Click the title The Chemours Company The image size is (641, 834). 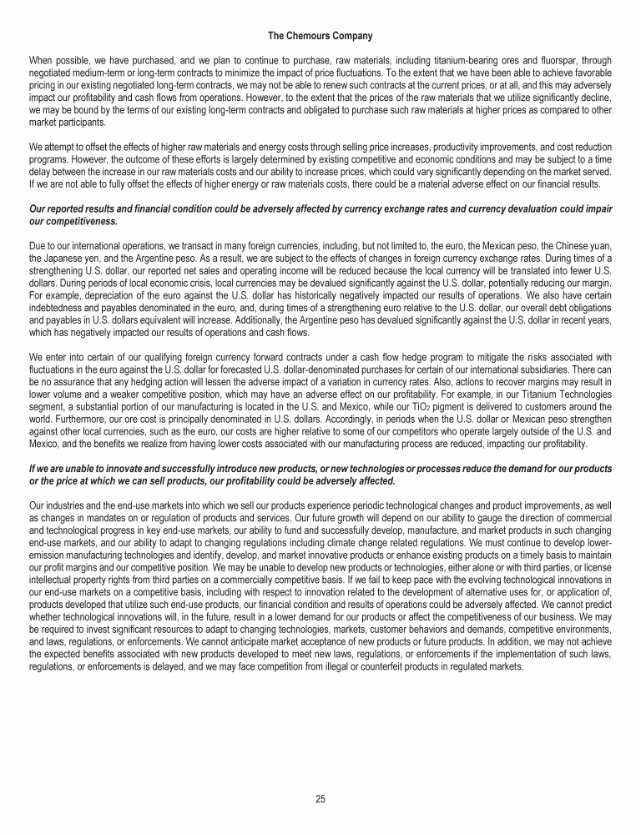point(320,36)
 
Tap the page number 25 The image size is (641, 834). point(320,799)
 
